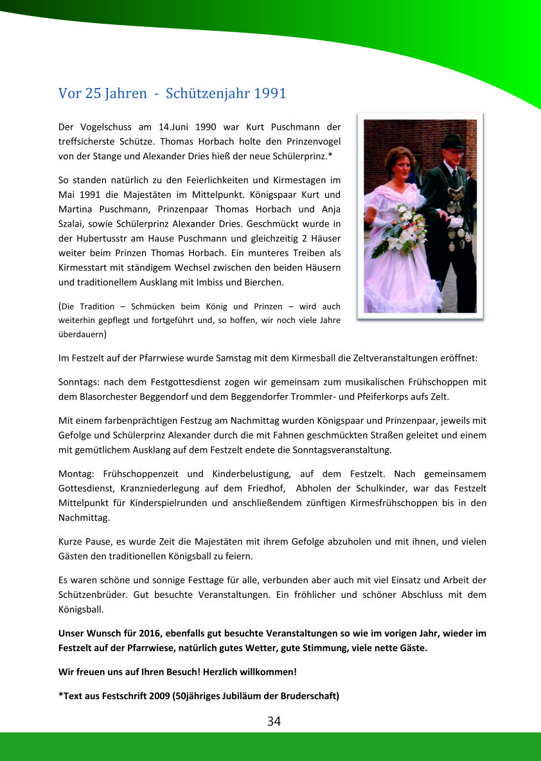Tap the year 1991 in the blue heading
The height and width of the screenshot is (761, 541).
[270, 93]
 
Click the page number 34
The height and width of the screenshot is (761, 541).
[274, 721]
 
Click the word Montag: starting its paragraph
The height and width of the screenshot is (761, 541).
[76, 474]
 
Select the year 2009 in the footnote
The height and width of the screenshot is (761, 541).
[161, 695]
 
